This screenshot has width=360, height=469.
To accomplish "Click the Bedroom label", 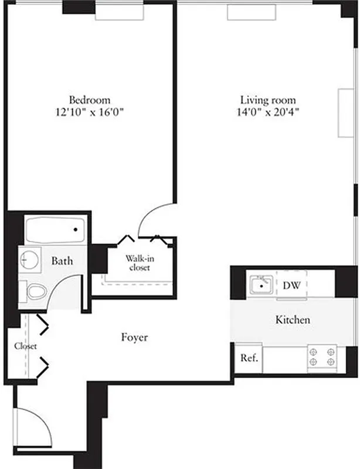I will click(x=90, y=100).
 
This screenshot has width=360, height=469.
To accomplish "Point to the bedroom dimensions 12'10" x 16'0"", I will click(x=90, y=111).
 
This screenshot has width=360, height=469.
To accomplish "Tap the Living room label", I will click(x=268, y=100).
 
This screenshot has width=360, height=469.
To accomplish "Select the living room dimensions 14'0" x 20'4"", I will click(x=269, y=111).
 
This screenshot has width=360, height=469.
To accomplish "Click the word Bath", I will click(x=62, y=260).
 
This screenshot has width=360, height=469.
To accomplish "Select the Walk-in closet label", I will click(x=139, y=263).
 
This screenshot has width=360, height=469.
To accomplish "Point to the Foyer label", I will click(x=134, y=338).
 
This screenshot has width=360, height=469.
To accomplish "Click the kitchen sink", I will click(x=259, y=286).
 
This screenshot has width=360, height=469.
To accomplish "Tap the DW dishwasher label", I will click(x=291, y=286).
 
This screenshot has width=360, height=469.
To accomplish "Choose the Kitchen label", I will click(x=293, y=320).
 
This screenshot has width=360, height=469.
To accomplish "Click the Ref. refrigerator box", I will click(x=249, y=357).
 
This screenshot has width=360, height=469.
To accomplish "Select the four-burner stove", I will click(x=322, y=357).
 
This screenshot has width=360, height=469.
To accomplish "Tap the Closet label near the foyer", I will click(x=26, y=346).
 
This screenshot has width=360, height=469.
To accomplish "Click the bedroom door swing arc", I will click(x=154, y=216).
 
